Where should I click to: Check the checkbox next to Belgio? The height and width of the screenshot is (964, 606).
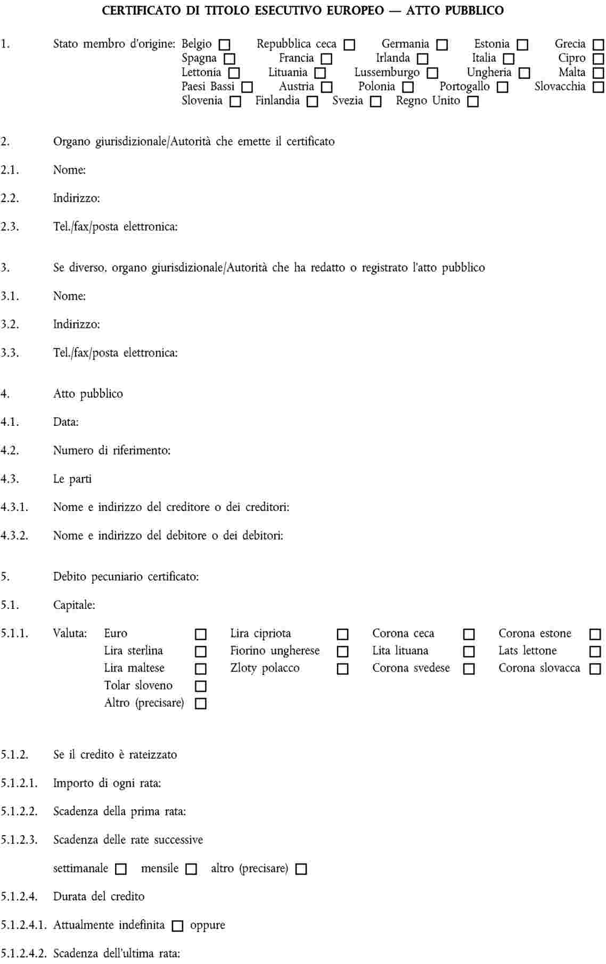pyautogui.click(x=225, y=45)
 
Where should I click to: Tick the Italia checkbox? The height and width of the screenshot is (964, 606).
pyautogui.click(x=509, y=59)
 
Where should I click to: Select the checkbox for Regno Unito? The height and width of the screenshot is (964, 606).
pyautogui.click(x=473, y=102)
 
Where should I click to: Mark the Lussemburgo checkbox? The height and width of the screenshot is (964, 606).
pyautogui.click(x=432, y=73)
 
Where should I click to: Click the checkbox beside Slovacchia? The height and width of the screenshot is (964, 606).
pyautogui.click(x=599, y=87)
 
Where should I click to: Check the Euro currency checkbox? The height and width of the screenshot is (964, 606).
pyautogui.click(x=201, y=635)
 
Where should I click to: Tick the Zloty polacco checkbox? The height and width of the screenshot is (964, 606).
pyautogui.click(x=343, y=669)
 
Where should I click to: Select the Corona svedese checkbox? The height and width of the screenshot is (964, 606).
pyautogui.click(x=469, y=669)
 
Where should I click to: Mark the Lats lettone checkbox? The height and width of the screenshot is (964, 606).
pyautogui.click(x=595, y=652)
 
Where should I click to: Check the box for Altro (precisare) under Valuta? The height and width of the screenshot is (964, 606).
pyautogui.click(x=201, y=704)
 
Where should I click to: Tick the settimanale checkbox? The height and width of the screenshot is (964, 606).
pyautogui.click(x=121, y=869)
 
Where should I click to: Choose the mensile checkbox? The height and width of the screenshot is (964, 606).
pyautogui.click(x=191, y=869)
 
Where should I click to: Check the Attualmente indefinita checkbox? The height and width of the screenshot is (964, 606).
pyautogui.click(x=178, y=926)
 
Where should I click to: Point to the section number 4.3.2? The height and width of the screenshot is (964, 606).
pyautogui.click(x=14, y=535)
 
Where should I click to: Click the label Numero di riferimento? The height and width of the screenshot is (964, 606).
pyautogui.click(x=112, y=450)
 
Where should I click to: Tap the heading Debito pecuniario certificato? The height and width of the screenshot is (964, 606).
pyautogui.click(x=126, y=576)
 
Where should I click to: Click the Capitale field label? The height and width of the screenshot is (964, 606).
pyautogui.click(x=74, y=605)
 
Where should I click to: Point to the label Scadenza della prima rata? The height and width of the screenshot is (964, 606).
pyautogui.click(x=119, y=812)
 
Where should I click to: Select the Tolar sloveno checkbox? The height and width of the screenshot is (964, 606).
pyautogui.click(x=201, y=686)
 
